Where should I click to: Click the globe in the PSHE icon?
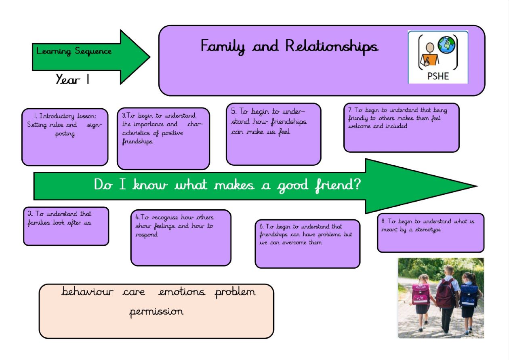[x=447, y=44]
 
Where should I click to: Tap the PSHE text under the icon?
[x=438, y=76]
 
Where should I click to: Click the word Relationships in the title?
[x=332, y=46]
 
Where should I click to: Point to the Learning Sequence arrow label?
[x=74, y=51]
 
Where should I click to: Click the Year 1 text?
[x=73, y=80]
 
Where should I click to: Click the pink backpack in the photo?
[x=420, y=294]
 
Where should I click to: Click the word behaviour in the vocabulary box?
[x=87, y=292]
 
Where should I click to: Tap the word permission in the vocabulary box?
[x=156, y=312]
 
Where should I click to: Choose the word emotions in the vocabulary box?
[x=182, y=292]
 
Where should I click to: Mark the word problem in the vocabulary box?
[x=235, y=292]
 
